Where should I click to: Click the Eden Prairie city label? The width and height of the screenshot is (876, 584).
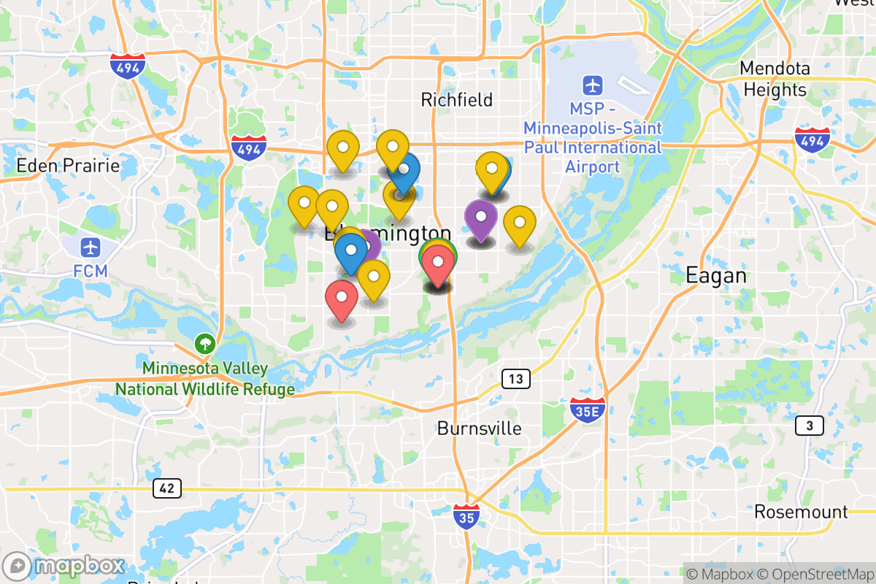point(68,166)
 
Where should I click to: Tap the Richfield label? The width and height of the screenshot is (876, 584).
point(457,99)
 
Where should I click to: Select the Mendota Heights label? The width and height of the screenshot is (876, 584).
point(775,79)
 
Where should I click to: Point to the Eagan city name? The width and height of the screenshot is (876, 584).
point(716,275)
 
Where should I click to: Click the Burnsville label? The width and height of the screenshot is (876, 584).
point(480,428)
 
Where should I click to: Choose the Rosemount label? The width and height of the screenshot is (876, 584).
point(801,512)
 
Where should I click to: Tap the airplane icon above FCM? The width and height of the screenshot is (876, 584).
point(91,247)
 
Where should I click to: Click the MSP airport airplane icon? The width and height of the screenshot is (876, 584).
point(593,85)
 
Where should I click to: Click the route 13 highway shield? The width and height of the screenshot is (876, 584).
point(515,379)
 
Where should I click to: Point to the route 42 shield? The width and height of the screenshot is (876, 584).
point(167,488)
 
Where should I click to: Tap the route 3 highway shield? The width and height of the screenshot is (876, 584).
point(810,426)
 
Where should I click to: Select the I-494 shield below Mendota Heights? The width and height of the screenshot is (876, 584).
point(812,139)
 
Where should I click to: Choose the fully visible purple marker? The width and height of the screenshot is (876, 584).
point(481,218)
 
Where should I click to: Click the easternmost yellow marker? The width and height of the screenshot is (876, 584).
point(520,223)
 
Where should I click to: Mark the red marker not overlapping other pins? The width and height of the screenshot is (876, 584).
point(342,298)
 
